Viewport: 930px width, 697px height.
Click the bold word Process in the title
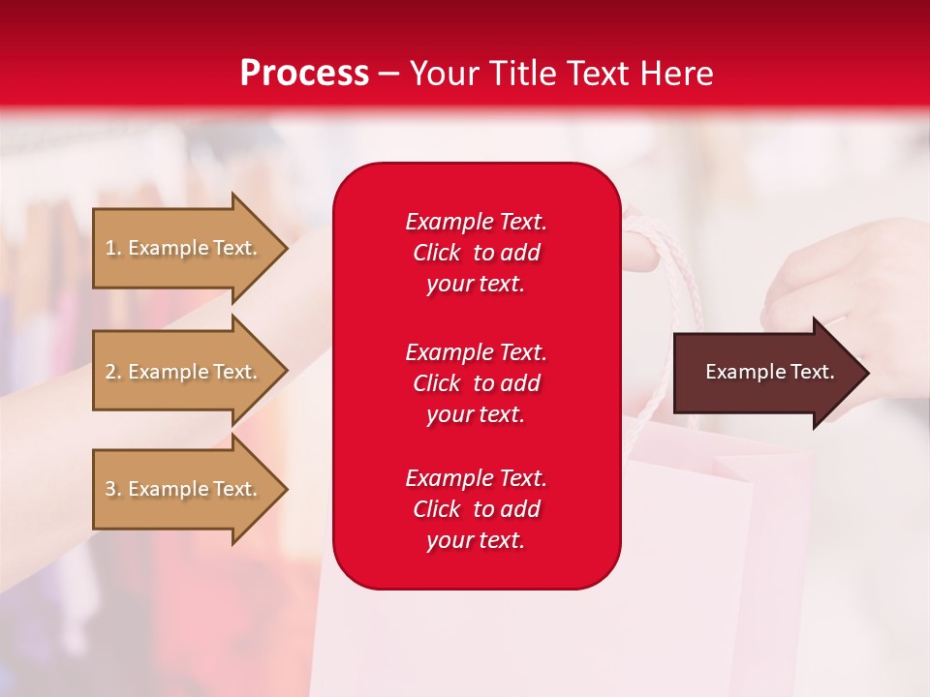[304, 74]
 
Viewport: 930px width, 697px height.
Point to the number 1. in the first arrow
[113, 248]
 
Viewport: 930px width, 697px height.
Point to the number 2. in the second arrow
[113, 372]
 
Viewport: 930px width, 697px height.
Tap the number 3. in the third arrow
[113, 489]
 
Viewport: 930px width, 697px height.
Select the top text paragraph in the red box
[476, 253]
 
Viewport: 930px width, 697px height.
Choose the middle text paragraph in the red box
[476, 382]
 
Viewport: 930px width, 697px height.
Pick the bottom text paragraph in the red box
[476, 509]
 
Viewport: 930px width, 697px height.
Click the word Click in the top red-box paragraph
[436, 253]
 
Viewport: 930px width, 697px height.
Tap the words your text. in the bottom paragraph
[476, 540]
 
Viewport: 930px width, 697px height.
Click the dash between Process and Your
[388, 74]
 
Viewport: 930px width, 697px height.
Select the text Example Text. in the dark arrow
[769, 372]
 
